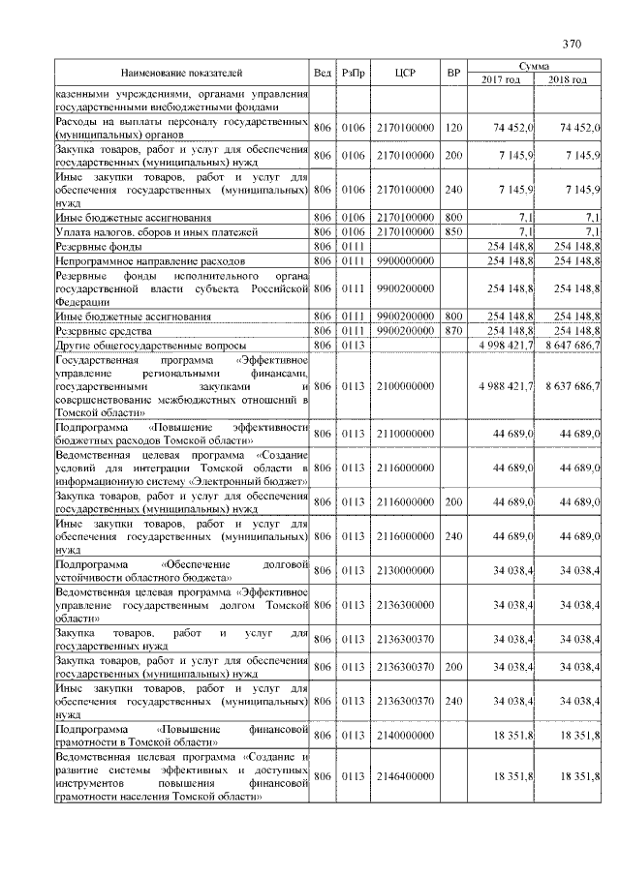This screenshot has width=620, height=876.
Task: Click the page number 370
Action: pos(571,44)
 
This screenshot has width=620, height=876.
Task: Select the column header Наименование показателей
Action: pos(181,73)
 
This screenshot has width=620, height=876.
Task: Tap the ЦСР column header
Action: pos(405,73)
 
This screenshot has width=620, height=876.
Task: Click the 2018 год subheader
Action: pos(567,79)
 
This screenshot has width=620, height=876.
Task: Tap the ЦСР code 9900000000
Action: pos(405,261)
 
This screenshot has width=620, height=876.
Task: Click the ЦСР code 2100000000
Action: pos(405,386)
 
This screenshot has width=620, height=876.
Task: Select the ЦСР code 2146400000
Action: pos(405,776)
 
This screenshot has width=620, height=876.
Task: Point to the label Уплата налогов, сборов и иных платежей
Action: pos(156,232)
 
